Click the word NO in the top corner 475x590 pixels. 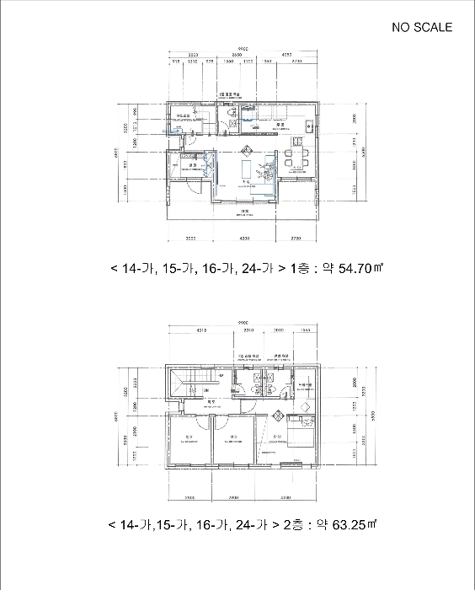pos(402,27)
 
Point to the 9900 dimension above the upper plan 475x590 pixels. pos(243,48)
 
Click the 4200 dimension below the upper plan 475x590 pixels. pos(245,239)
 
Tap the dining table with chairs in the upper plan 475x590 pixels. pos(295,158)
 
